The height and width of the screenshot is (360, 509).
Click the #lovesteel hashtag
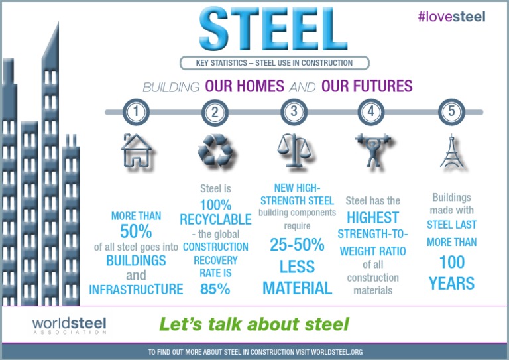(x=451, y=16)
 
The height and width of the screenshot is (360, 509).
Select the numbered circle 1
(x=136, y=112)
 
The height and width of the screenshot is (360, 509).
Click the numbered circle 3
(x=294, y=112)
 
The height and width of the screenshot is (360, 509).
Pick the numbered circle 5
(x=451, y=112)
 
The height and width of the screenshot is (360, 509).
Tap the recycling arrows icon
(x=215, y=150)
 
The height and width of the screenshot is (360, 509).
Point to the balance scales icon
(x=294, y=149)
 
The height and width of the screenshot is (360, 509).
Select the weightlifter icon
(x=371, y=150)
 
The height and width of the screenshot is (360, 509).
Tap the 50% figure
(x=136, y=231)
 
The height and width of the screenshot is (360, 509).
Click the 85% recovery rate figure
(x=215, y=289)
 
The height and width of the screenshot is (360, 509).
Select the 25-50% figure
(x=297, y=245)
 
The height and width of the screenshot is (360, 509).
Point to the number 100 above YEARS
(x=451, y=263)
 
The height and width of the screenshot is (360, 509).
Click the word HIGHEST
(x=373, y=217)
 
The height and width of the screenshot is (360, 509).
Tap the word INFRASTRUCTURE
(x=136, y=290)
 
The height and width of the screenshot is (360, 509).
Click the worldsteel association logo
(x=69, y=325)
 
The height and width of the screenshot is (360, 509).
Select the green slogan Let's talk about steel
(x=254, y=324)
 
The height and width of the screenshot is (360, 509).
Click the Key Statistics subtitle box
(x=274, y=63)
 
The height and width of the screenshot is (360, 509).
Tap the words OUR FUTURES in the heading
(x=367, y=86)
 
